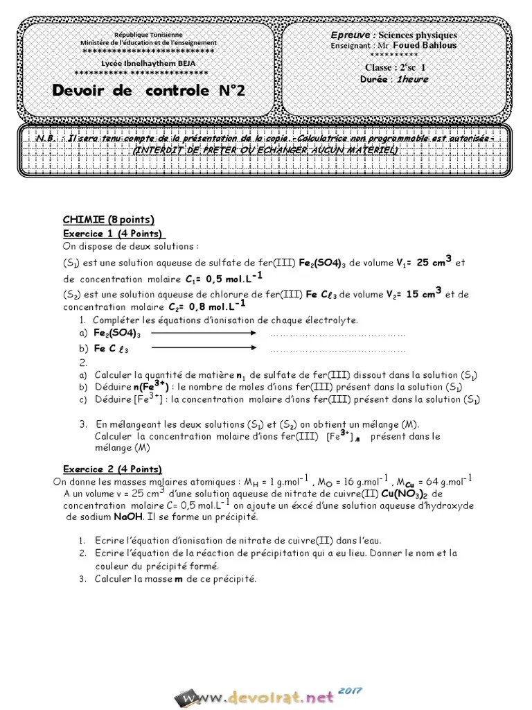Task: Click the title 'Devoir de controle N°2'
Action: point(148,91)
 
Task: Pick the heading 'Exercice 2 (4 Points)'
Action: point(113,468)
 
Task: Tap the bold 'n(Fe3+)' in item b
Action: point(132,386)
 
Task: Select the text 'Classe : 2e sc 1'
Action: point(396,67)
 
